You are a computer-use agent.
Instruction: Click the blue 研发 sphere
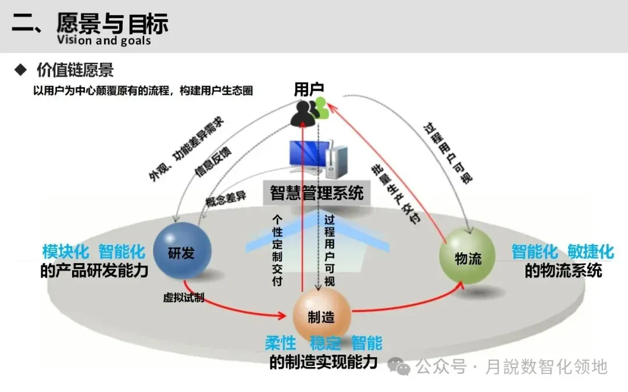182,252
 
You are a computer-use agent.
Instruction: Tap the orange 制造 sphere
321,317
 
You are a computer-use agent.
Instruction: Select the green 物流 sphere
467,257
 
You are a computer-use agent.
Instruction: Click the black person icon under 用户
303,112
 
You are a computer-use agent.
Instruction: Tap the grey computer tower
336,162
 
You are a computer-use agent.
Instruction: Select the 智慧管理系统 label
317,192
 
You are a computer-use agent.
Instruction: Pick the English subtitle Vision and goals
104,40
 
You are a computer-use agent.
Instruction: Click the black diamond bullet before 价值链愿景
21,70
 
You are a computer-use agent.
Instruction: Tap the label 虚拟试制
183,298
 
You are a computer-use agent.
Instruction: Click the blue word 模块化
66,252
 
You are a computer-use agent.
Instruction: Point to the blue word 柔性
280,343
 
